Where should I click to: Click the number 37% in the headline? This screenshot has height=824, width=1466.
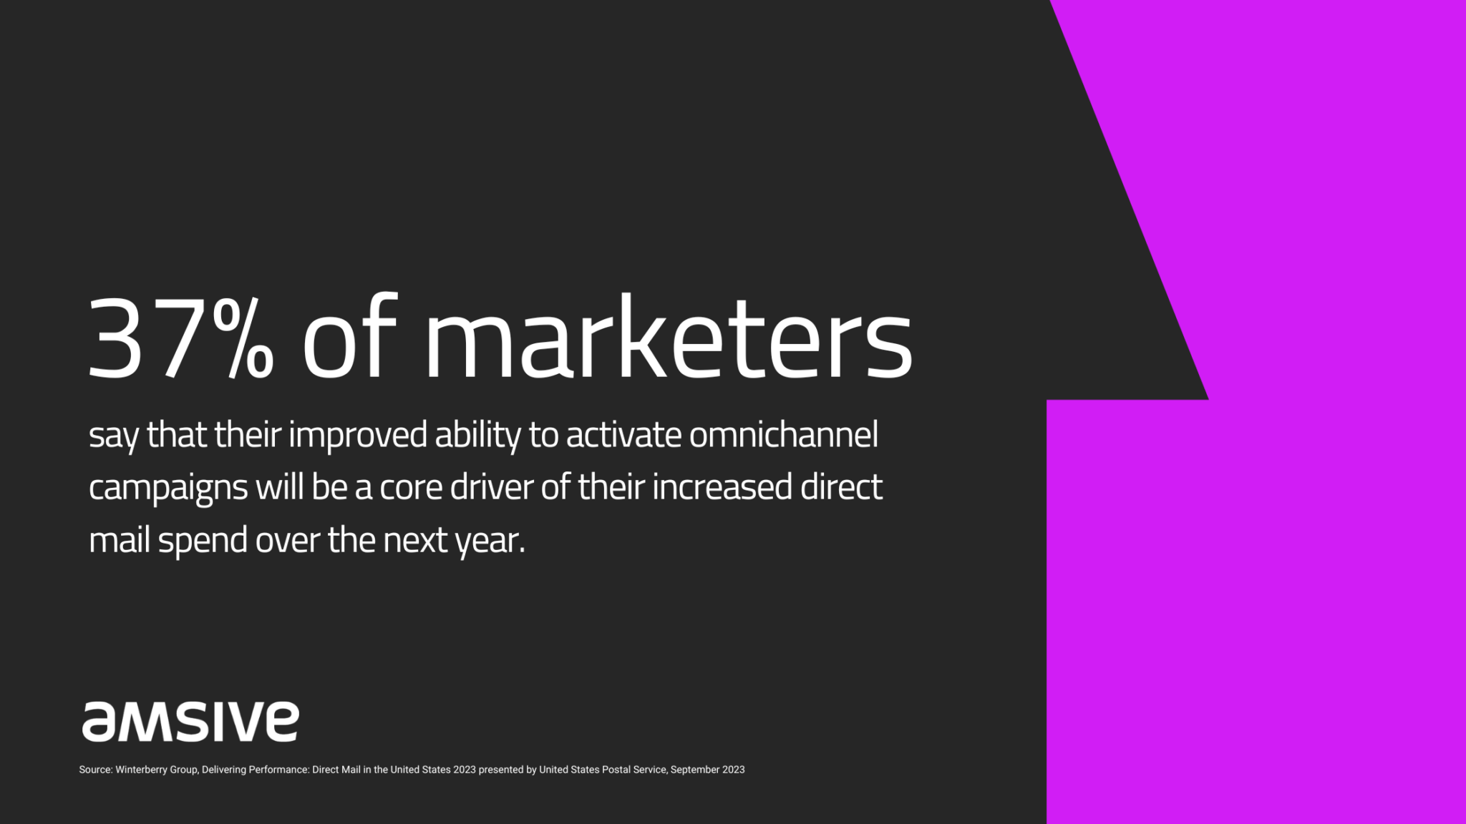coord(180,337)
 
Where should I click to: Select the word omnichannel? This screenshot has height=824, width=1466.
coord(783,435)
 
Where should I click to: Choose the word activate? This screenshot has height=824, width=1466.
coord(623,436)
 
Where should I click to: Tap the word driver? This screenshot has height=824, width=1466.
coord(492,487)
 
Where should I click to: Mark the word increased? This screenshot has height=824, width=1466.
coord(722,487)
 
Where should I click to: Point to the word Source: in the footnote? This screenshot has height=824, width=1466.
coord(96,770)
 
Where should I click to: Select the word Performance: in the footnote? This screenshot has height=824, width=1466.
coord(278,770)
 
